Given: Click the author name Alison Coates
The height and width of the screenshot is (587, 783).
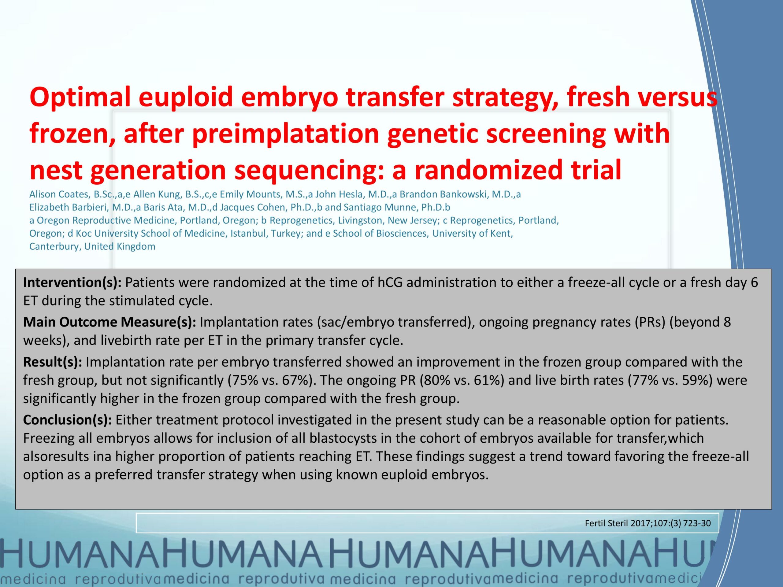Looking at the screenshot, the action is click(58, 194).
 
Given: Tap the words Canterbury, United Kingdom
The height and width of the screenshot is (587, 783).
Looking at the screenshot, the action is click(92, 247).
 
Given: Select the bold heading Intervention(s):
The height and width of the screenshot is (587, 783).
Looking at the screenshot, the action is click(72, 283).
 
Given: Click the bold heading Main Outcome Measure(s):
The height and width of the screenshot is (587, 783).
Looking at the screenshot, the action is click(110, 322).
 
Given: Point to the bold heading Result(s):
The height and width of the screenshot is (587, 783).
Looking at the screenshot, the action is click(53, 362).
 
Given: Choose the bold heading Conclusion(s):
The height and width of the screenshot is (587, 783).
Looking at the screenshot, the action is click(68, 420).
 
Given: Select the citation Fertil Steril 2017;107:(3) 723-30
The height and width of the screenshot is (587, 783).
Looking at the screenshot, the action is click(648, 523).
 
